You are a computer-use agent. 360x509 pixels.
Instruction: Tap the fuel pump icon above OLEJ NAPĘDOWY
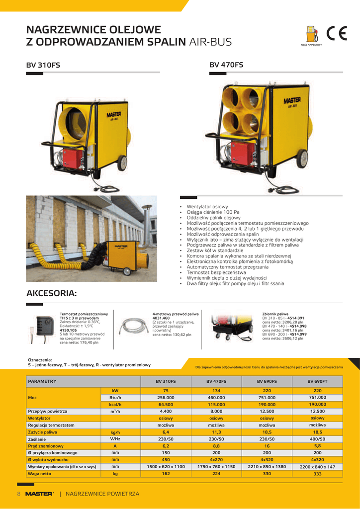point(311,34)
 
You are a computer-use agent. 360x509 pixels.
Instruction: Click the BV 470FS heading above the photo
point(226,65)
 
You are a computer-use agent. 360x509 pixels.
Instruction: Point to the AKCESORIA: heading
point(51,294)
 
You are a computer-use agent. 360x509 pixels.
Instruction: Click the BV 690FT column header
point(317,381)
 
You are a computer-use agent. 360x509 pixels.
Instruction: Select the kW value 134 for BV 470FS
point(216,391)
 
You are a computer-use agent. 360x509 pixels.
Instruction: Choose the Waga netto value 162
point(166,474)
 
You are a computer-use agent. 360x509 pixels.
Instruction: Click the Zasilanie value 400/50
point(317,439)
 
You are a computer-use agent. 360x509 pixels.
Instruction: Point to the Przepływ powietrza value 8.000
point(216,412)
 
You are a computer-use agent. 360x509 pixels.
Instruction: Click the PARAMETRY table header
point(42,381)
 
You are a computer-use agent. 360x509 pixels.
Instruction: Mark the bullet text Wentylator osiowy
point(207,206)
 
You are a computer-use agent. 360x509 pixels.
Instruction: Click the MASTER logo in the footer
point(39,494)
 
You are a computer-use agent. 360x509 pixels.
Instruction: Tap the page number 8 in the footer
point(19,494)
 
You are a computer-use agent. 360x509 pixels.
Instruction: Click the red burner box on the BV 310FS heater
point(72,159)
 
